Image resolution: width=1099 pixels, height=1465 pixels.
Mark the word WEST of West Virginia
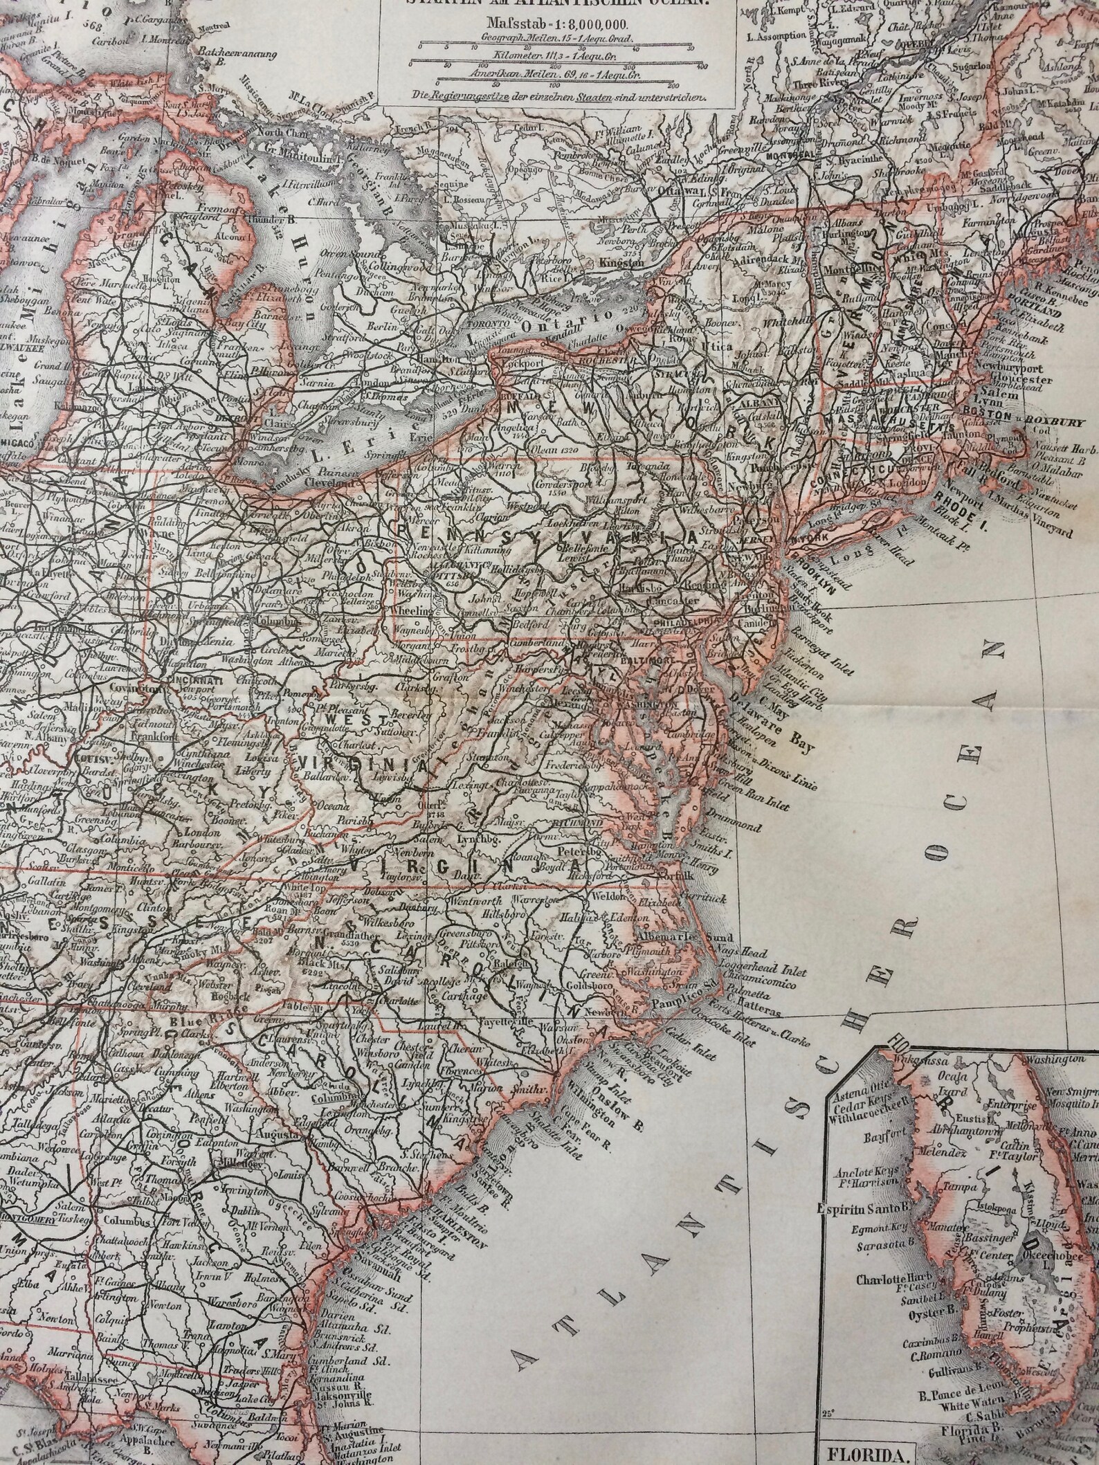point(357,722)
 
